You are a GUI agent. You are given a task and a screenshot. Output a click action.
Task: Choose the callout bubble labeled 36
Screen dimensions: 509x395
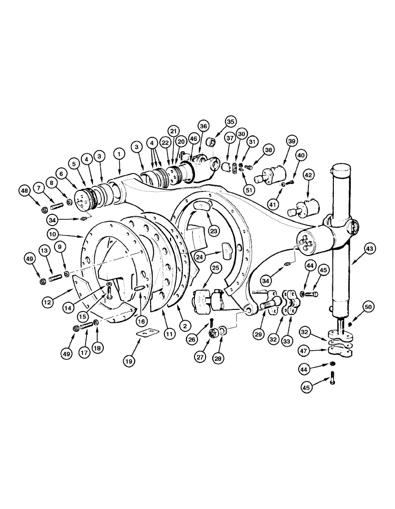click(x=204, y=126)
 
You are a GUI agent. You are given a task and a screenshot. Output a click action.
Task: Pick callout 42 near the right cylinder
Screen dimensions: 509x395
click(x=308, y=175)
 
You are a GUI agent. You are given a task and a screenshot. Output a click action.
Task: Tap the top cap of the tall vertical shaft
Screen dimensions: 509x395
click(x=340, y=169)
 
